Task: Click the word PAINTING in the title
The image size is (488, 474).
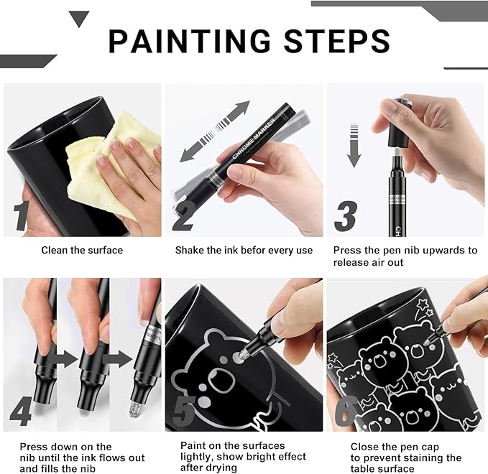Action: (x=188, y=41)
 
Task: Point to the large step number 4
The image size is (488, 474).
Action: (x=22, y=412)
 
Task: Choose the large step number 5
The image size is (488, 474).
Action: (x=184, y=411)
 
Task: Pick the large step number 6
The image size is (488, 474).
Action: (x=347, y=412)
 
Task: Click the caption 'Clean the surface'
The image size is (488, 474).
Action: (x=81, y=251)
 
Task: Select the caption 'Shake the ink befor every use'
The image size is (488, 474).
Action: (x=244, y=251)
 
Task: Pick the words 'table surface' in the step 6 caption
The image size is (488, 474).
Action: (x=384, y=469)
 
